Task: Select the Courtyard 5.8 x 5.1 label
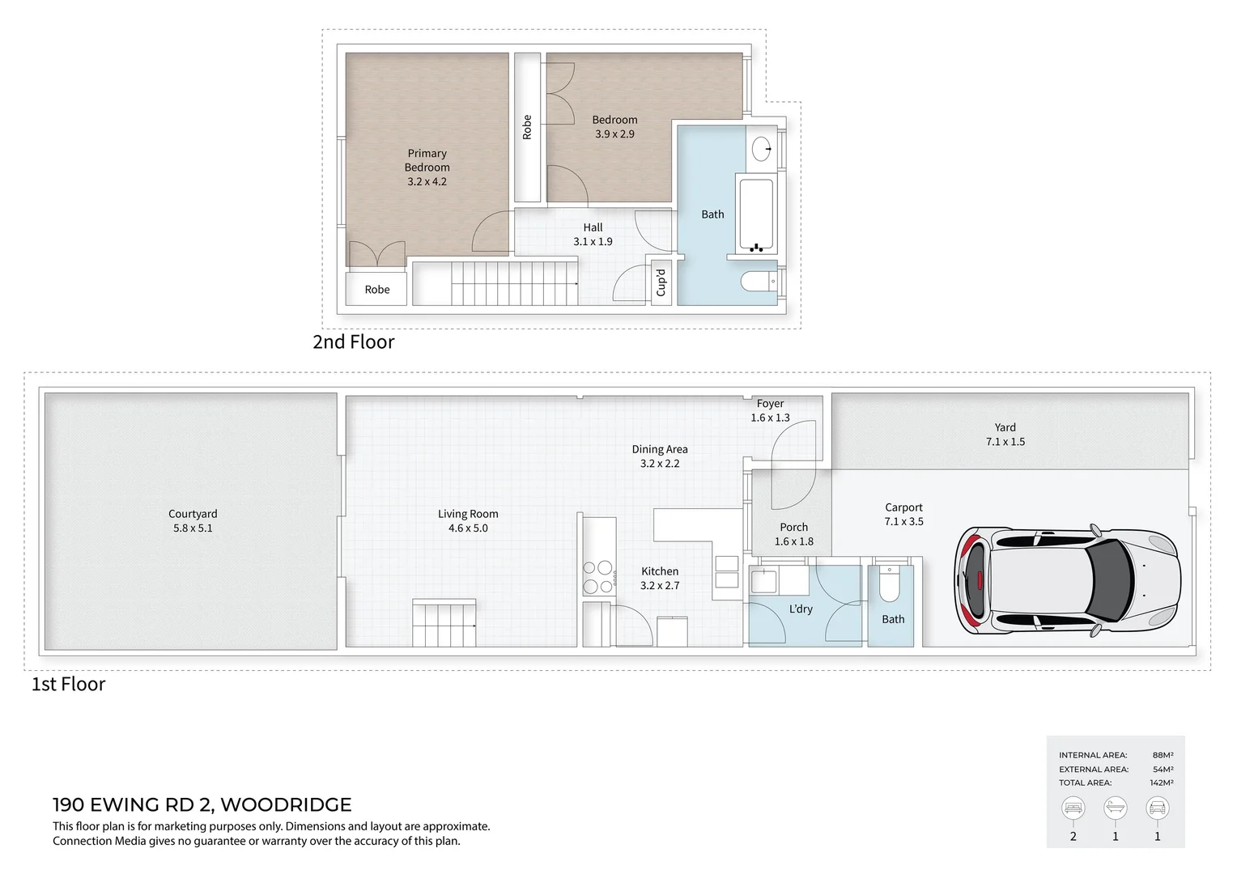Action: coord(193,520)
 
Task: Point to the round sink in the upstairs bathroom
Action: coord(761,149)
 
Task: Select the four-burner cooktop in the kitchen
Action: coord(597,577)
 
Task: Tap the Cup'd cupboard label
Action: coord(661,282)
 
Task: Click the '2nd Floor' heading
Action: coord(354,342)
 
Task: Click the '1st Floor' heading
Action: coord(68,685)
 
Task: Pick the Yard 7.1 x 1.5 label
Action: coord(1005,435)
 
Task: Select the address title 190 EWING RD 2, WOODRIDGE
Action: coord(202,804)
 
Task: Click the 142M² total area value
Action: coord(1162,783)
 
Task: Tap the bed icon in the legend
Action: coord(1073,808)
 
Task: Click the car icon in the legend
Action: coord(1157,808)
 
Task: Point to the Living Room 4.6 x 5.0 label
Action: coord(468,520)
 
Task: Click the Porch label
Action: coord(793,528)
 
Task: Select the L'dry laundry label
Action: coord(801,609)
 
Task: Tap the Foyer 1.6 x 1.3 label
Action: coord(770,410)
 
